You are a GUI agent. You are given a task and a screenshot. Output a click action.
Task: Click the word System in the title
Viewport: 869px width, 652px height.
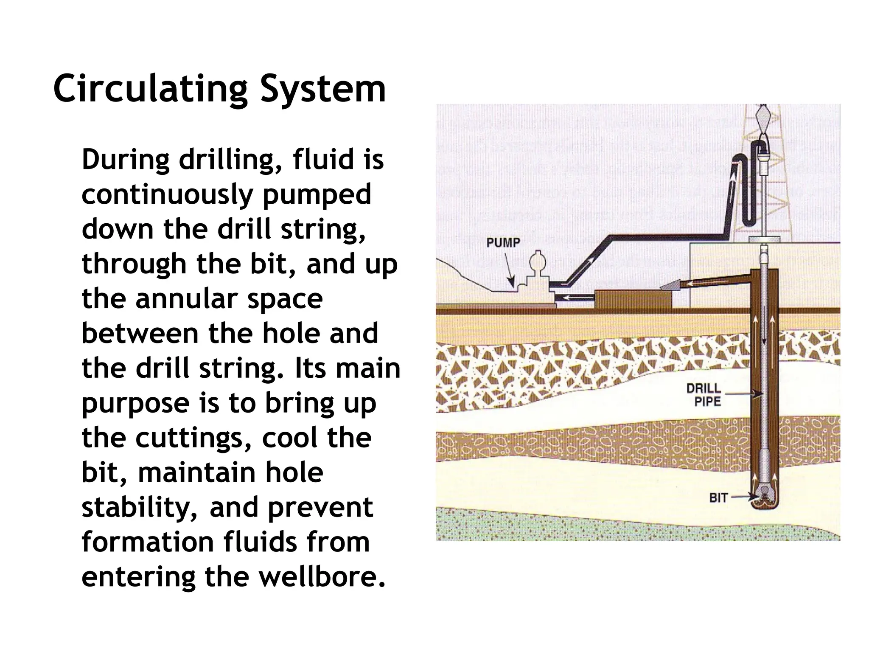point(323,89)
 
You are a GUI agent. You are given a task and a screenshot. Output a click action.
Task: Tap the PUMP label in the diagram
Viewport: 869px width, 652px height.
point(503,243)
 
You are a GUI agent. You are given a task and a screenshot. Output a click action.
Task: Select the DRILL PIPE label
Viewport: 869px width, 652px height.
point(704,395)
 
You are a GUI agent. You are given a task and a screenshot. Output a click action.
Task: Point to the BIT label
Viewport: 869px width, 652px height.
point(718,497)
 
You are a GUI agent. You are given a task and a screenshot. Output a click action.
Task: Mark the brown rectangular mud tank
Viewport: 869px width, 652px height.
point(634,299)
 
